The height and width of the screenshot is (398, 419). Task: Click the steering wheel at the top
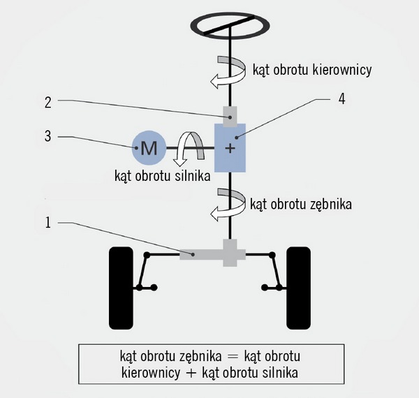[230, 24]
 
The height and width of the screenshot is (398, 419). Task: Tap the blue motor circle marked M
[148, 147]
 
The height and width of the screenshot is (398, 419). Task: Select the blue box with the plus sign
[230, 148]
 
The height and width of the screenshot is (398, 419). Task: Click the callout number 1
[48, 223]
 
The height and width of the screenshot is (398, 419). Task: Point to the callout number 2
[48, 102]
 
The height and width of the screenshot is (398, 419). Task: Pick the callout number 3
[48, 136]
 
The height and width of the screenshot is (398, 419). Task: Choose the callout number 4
[341, 98]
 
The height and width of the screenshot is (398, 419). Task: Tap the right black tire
[299, 288]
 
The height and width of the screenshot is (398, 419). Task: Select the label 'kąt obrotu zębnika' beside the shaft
[300, 204]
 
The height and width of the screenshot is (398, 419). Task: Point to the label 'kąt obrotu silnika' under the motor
[162, 175]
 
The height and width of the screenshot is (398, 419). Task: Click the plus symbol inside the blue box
[230, 149]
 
